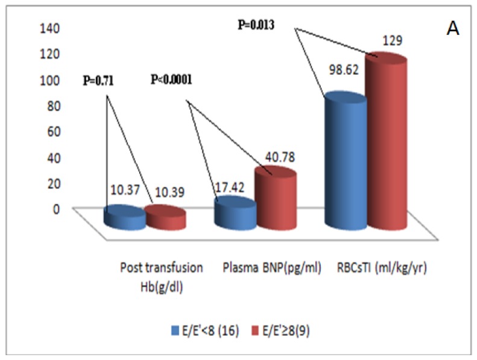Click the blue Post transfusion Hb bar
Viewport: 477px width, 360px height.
(125, 218)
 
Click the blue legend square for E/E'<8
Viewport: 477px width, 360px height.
(174, 330)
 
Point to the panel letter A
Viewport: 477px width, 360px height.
(452, 29)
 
